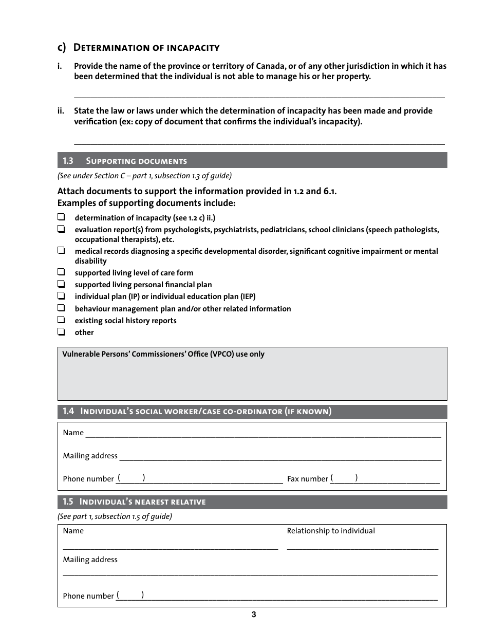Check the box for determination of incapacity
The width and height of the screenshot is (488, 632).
[x=61, y=217]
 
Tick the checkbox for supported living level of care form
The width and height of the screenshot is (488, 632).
[x=61, y=272]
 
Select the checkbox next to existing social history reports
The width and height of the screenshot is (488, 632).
[x=61, y=320]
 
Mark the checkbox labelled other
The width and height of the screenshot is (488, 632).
[x=61, y=332]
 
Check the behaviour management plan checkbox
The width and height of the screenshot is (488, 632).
[x=61, y=308]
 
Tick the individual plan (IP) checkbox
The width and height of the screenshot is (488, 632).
[x=61, y=296]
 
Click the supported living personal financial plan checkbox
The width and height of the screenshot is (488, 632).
[x=61, y=284]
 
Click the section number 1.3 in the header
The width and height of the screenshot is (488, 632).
[x=68, y=161]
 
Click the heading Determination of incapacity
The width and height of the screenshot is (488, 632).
[x=146, y=48]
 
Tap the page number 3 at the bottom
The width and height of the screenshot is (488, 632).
[x=254, y=615]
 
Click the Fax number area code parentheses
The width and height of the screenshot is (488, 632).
[x=344, y=478]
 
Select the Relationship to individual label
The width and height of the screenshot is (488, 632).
[x=331, y=531]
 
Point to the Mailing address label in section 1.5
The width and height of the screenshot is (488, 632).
[x=90, y=560]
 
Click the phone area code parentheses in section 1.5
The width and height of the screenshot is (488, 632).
[x=130, y=595]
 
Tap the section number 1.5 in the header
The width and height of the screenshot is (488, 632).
[x=68, y=502]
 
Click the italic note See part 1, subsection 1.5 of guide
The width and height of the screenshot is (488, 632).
[x=115, y=516]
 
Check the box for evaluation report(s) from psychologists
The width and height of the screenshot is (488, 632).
[x=61, y=229]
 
